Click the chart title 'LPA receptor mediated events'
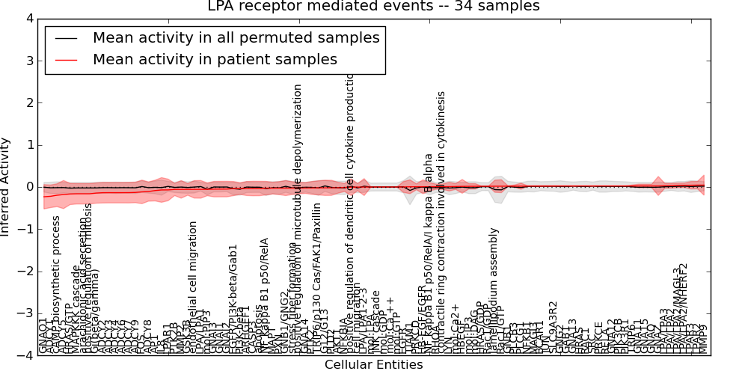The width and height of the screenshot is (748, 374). coord(373,7)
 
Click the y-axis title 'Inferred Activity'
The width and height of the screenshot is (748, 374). coord(7,187)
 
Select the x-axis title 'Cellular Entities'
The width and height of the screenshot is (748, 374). coord(373,365)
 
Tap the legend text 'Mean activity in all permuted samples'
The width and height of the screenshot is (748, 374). coord(236,37)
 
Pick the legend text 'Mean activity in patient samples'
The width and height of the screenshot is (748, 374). coord(215,59)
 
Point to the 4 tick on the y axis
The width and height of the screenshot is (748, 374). coord(29,18)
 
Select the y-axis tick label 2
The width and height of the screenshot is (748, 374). coord(29,102)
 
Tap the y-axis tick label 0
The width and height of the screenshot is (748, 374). coord(29,187)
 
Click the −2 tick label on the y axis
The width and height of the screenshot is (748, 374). coord(26,272)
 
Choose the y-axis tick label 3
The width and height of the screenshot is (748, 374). coord(29,61)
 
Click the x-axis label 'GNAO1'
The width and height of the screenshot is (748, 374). coord(43,337)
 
